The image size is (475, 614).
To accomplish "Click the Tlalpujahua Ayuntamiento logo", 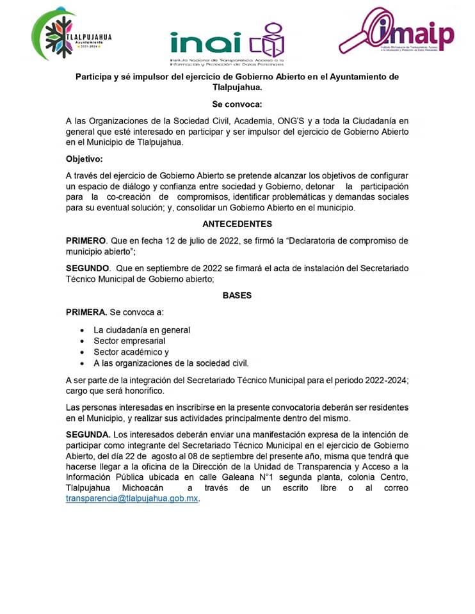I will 70,36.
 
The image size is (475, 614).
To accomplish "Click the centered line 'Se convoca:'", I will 237,104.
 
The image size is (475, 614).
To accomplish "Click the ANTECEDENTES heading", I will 237,224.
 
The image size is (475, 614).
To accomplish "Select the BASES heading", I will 237,295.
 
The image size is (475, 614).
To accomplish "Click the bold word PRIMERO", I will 86,240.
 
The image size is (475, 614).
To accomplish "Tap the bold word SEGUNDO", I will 88,268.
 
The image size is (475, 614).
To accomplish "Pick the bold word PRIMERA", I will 86,312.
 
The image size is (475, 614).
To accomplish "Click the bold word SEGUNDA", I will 88,434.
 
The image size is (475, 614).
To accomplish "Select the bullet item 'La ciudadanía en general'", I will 142,330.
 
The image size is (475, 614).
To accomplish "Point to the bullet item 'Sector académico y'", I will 131,352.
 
